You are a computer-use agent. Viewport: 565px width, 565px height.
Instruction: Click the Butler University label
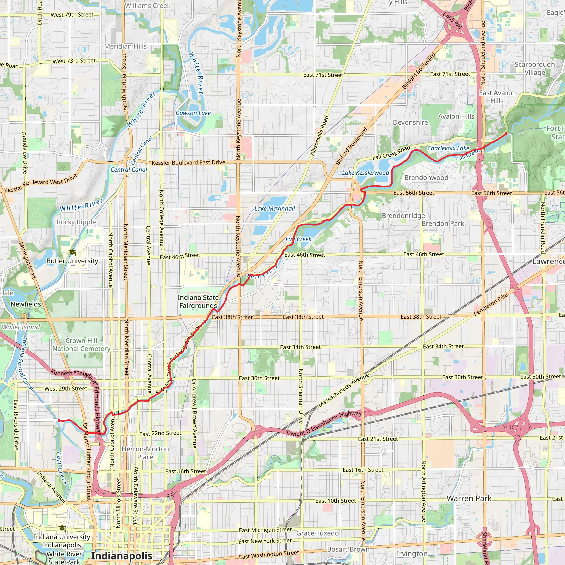point(72,261)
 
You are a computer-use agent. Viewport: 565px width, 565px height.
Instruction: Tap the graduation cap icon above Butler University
point(72,252)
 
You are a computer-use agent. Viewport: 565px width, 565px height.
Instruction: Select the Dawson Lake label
point(193,113)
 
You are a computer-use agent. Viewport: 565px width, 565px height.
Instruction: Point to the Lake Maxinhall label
point(274,209)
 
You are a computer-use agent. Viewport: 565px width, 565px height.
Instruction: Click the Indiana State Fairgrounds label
point(198,302)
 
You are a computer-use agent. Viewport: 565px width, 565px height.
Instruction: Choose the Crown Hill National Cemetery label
point(81,345)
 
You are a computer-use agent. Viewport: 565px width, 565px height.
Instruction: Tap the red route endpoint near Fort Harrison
point(506,134)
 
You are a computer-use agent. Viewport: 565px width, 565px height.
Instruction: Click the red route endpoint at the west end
point(59,420)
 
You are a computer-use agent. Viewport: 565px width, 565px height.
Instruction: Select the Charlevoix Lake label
point(448,148)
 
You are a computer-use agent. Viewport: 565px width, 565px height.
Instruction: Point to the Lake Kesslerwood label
point(366,173)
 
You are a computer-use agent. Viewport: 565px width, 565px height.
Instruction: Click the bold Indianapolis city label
point(121,556)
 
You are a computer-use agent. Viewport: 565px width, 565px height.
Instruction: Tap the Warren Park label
point(469,498)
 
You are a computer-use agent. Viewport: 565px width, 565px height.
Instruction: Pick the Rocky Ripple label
point(76,222)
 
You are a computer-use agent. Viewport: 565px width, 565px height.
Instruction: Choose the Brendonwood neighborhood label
point(426,178)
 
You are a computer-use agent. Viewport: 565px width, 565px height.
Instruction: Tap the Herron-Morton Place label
point(145,453)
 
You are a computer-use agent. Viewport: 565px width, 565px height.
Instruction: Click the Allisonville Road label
point(320,136)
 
